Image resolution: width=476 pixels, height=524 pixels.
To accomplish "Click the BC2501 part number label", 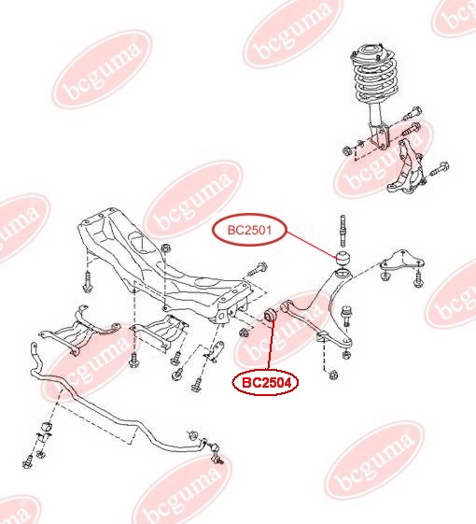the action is (249, 230).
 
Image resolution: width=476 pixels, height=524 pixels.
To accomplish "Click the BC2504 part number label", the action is (266, 383).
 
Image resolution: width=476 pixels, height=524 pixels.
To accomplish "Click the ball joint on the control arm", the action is (346, 315).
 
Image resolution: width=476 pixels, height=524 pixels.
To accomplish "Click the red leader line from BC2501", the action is (312, 245).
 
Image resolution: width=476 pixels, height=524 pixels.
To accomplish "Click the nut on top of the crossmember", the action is (165, 248).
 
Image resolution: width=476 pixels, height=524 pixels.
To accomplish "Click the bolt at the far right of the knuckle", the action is (441, 169).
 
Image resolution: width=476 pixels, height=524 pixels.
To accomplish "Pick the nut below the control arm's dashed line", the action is (332, 375).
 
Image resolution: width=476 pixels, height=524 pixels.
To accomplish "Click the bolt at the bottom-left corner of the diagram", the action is (27, 463).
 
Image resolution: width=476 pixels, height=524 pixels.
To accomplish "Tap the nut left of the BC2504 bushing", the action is (244, 333).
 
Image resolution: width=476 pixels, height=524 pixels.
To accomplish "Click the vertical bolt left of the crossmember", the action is (87, 282).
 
